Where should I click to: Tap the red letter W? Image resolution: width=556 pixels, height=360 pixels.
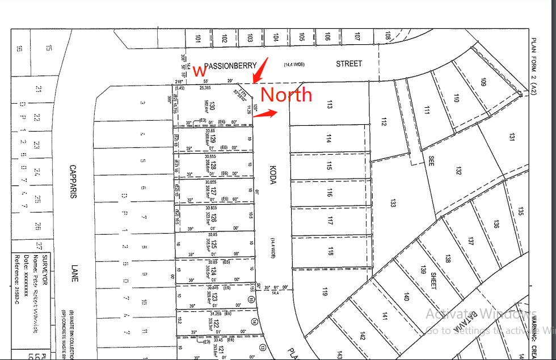point(199,71)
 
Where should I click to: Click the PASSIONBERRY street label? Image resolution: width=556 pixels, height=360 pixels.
point(230,65)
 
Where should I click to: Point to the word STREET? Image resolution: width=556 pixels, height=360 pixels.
point(348,63)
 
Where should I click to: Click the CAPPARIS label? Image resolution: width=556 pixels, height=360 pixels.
point(73,181)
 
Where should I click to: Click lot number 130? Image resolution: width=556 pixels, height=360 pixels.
point(212,107)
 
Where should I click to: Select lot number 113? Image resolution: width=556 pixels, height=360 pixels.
point(329,104)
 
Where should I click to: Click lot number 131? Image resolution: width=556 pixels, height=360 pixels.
point(512,137)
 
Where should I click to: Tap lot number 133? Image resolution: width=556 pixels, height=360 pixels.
point(393,203)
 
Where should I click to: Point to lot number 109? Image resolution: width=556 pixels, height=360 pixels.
point(483,83)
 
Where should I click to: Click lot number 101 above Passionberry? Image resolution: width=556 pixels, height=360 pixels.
point(198,39)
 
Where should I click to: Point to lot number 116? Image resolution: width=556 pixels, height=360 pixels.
point(329,193)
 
